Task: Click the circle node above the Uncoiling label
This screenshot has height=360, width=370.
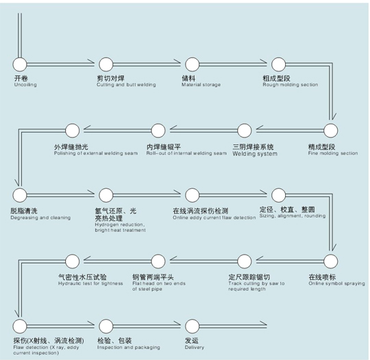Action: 20,64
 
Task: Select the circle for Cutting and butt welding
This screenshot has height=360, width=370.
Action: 106,64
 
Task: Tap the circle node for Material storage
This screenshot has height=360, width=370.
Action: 193,64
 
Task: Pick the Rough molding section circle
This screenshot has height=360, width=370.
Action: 278,64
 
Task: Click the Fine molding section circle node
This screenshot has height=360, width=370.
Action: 330,130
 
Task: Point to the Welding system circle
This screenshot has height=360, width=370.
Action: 245,130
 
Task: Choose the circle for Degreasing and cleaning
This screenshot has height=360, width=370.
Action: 20,195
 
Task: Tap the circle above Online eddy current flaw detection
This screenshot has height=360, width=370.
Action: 193,195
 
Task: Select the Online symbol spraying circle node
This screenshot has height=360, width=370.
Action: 330,261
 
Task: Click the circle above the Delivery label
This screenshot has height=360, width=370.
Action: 193,326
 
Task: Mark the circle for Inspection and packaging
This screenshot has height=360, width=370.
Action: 106,326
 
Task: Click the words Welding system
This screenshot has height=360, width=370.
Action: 255,154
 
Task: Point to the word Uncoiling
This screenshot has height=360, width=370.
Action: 25,85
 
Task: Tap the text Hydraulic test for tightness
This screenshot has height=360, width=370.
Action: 90,283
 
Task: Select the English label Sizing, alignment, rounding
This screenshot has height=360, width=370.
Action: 293,216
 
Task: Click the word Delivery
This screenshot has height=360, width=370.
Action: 195,347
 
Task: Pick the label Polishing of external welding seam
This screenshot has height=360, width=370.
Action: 96,153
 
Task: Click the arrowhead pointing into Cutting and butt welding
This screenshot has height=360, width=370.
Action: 91,63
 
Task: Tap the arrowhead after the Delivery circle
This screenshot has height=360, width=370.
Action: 263,324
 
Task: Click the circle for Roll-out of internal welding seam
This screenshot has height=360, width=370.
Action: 158,130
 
